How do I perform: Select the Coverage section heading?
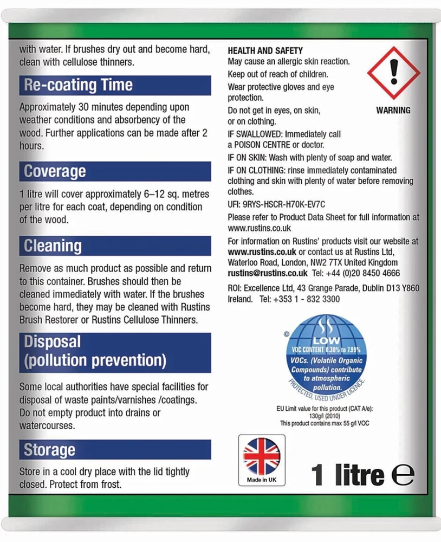pyautogui.click(x=55, y=171)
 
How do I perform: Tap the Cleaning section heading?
pyautogui.click(x=53, y=246)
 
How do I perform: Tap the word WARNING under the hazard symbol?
pyautogui.click(x=393, y=110)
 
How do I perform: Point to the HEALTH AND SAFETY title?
pyautogui.click(x=265, y=50)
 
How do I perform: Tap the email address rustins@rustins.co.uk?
pyautogui.click(x=268, y=273)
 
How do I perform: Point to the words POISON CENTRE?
pyautogui.click(x=259, y=145)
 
